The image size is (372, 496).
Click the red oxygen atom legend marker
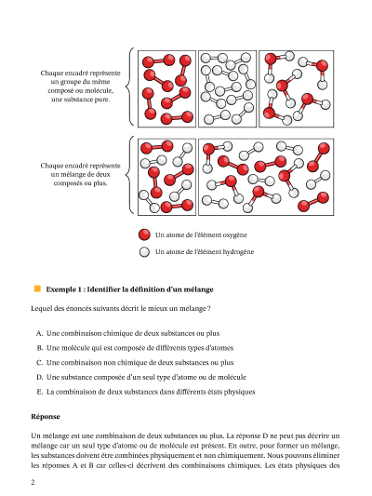(x=144, y=235)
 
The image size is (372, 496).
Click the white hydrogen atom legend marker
(x=144, y=252)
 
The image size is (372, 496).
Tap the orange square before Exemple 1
(x=37, y=288)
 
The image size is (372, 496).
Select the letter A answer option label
(x=39, y=333)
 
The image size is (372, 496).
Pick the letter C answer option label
(x=39, y=363)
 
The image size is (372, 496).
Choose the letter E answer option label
(x=39, y=392)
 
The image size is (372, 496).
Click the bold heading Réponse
(x=46, y=416)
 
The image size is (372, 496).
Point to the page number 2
(x=33, y=482)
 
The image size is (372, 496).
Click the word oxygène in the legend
(x=235, y=235)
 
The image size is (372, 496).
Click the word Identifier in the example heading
(x=103, y=289)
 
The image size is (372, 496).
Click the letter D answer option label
(x=39, y=377)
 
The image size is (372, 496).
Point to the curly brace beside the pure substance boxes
(x=129, y=87)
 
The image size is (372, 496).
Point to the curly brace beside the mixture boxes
(x=129, y=175)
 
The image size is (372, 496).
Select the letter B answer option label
(x=39, y=348)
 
